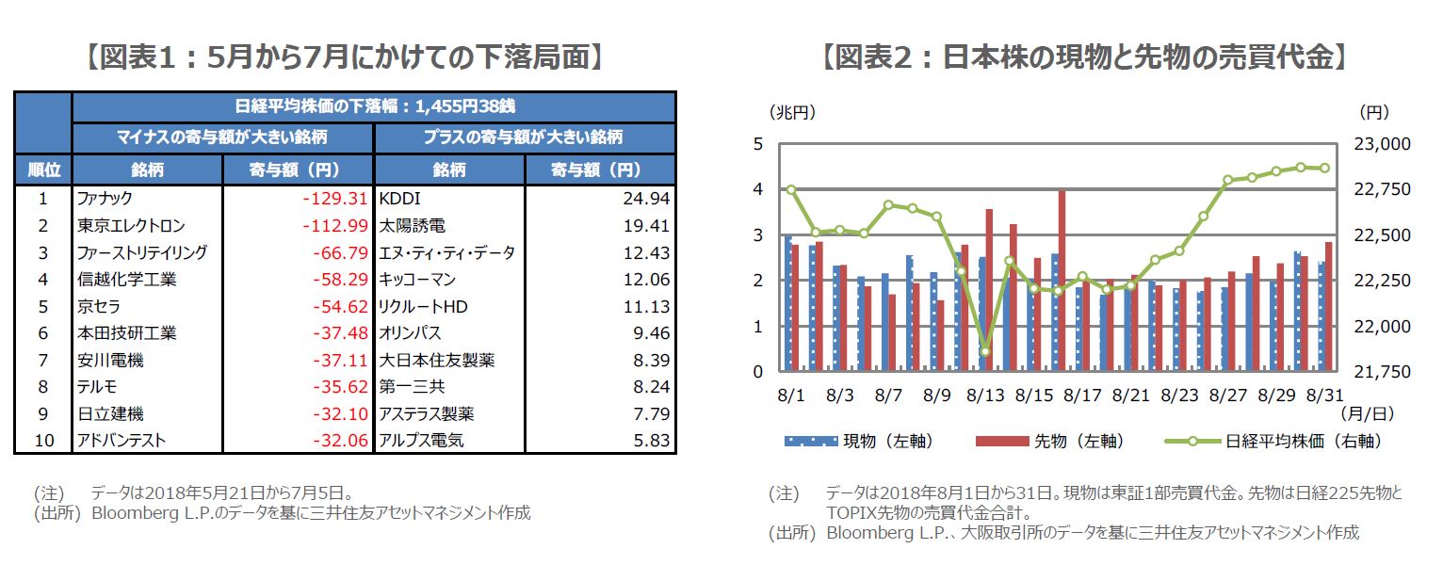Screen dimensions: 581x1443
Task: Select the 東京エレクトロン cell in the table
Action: tap(131, 226)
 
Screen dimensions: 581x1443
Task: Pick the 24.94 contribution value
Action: tap(646, 199)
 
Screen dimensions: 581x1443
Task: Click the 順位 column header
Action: tap(43, 170)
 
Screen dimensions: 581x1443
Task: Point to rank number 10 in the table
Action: tap(43, 440)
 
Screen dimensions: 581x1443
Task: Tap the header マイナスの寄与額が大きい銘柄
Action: tap(222, 137)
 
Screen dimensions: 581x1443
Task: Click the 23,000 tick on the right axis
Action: tap(1384, 144)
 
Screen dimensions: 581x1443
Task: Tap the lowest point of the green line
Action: tap(985, 352)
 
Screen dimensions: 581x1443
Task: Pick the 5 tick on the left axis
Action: tap(756, 144)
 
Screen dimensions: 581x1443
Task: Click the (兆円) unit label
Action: tap(792, 112)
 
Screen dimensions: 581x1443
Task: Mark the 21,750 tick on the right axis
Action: tap(1384, 372)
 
